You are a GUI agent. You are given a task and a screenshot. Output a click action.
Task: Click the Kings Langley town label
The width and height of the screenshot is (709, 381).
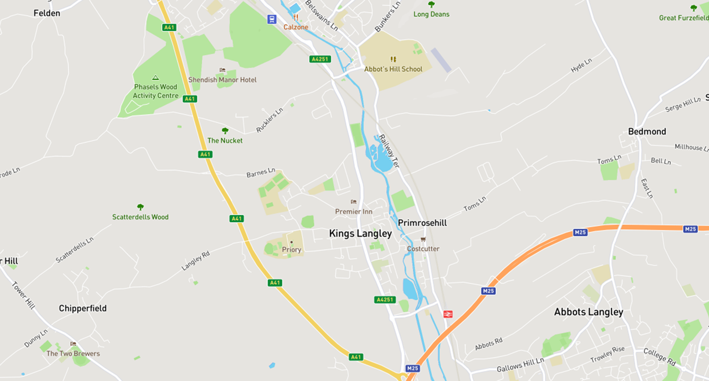tap(360, 234)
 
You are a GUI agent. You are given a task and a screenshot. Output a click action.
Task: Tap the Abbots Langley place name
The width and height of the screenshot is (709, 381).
tap(588, 312)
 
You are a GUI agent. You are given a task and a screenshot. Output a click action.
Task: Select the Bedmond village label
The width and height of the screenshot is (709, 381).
tap(647, 132)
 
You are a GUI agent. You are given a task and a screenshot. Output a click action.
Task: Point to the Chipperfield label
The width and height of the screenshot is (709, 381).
tap(83, 308)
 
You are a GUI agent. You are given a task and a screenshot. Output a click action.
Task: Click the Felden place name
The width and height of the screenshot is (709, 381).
tap(47, 13)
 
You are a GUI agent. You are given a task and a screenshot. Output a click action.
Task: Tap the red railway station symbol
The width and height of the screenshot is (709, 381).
tap(447, 314)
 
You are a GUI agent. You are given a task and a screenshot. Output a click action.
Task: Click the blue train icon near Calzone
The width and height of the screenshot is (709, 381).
tap(272, 19)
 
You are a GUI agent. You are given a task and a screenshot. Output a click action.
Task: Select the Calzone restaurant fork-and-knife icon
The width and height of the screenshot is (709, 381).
tap(296, 17)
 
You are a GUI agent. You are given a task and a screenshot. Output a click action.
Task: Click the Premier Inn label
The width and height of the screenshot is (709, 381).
tap(354, 212)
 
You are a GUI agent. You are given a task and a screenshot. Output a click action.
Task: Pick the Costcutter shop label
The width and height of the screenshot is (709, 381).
tap(423, 249)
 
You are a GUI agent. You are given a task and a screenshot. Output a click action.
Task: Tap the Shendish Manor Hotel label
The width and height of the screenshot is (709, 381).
tap(222, 80)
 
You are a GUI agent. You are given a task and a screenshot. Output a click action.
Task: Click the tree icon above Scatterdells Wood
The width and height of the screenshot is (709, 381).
tap(140, 207)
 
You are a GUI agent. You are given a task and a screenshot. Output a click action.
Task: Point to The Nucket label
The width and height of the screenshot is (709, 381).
tap(225, 141)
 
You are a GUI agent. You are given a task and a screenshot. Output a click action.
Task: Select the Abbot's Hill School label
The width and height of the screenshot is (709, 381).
tap(393, 69)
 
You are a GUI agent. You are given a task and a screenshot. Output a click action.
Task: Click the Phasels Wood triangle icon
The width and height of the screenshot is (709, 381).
tap(155, 78)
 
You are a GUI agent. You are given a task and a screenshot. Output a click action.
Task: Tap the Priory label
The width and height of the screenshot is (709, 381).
tap(291, 250)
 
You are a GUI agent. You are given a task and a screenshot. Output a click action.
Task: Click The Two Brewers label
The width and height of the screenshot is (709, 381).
tap(73, 354)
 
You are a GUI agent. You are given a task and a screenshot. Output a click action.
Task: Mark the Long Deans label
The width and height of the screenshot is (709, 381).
tap(431, 14)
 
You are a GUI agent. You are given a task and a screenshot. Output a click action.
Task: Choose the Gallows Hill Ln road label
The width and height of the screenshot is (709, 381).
tap(520, 365)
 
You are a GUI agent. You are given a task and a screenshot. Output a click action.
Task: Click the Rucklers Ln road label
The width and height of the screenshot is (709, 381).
tap(270, 120)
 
